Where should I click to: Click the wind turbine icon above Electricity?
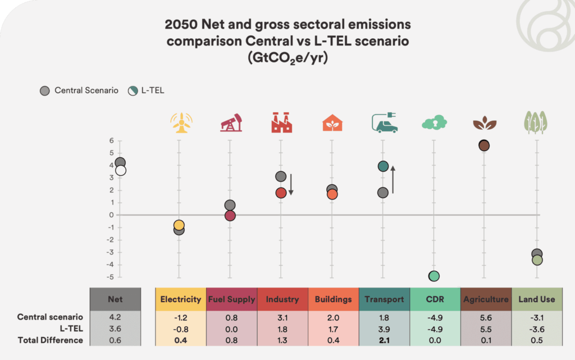tap(180, 122)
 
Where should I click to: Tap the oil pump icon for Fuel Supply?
tap(230, 122)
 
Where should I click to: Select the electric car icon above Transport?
tap(384, 122)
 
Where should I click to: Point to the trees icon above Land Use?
tap(536, 122)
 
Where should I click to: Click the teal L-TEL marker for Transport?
tap(383, 166)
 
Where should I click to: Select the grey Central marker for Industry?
tap(281, 177)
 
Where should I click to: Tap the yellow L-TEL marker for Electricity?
tap(179, 225)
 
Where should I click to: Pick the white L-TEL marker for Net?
tap(120, 171)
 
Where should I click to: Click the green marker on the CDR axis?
tap(433, 276)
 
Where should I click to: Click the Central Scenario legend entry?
tap(79, 90)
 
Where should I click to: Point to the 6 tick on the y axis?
tap(112, 140)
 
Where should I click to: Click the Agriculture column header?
tap(486, 299)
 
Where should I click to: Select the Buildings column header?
tap(333, 299)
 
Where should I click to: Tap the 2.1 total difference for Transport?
tap(384, 340)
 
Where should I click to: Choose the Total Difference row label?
tap(50, 340)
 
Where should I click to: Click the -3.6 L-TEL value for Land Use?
tap(536, 329)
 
